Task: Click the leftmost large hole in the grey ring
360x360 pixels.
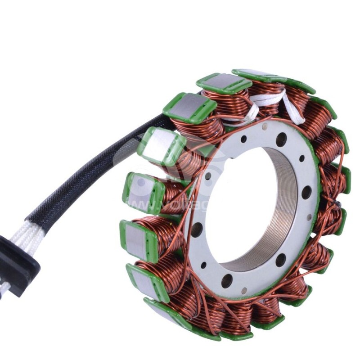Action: [197, 229]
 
